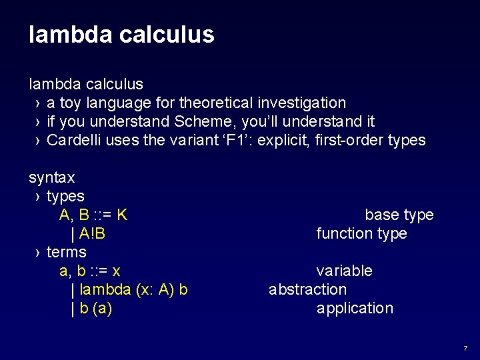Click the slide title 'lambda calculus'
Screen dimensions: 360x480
point(121,35)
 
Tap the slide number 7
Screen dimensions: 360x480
point(465,348)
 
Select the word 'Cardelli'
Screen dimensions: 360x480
point(72,140)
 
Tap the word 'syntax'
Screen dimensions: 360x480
point(51,177)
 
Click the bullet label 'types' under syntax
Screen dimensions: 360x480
point(65,196)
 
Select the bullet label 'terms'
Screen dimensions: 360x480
point(67,252)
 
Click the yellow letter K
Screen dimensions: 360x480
point(122,215)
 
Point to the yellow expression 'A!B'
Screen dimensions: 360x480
point(92,233)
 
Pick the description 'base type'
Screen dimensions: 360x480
point(399,215)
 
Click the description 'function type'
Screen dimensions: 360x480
point(361,233)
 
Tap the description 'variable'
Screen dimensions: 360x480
point(344,271)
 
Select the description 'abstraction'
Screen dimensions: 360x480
point(307,289)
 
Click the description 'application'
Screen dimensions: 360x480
point(355,308)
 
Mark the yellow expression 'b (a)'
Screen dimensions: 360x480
point(95,308)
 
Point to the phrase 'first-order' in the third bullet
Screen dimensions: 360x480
point(351,140)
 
